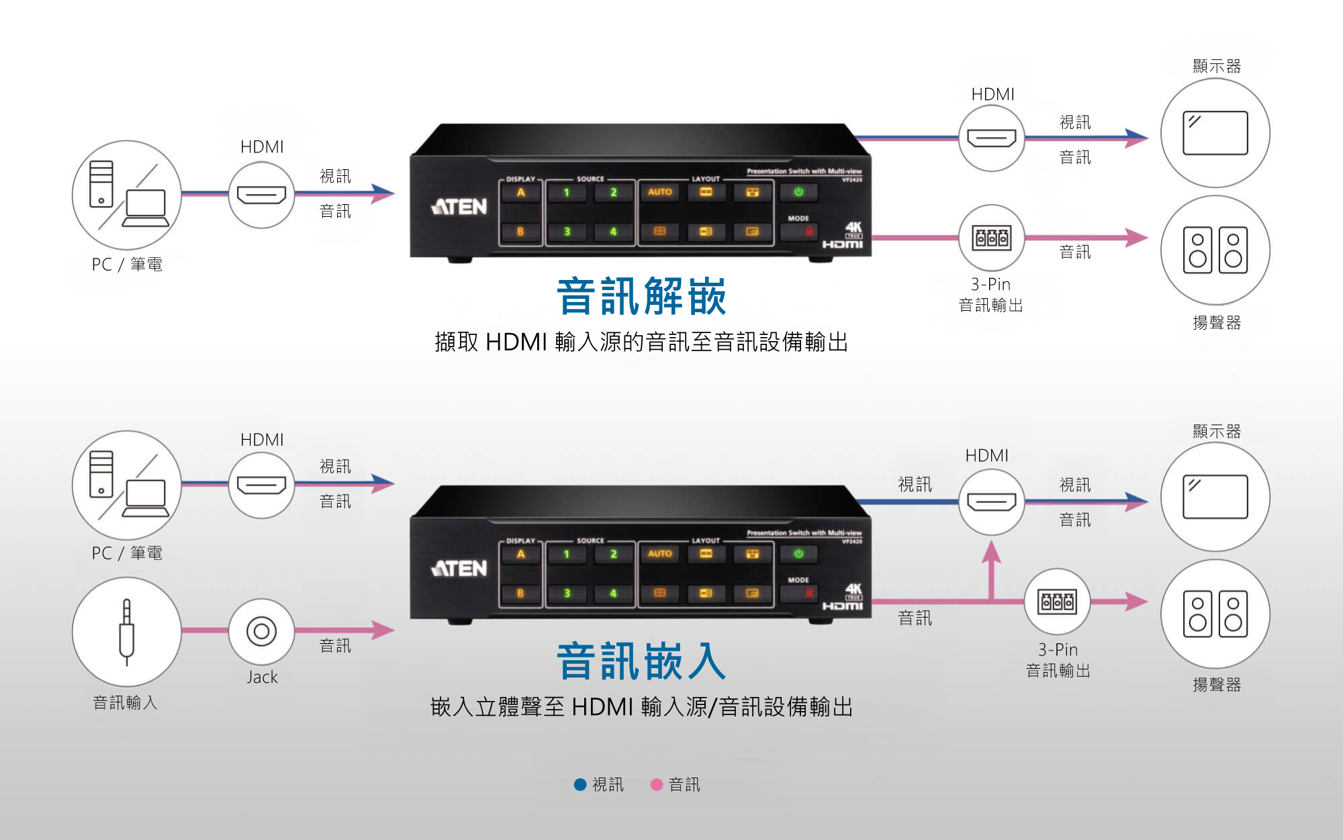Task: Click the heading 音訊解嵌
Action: (x=641, y=296)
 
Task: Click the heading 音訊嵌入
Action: (x=641, y=661)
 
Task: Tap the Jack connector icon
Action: (x=261, y=631)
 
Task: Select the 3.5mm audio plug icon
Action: (x=126, y=631)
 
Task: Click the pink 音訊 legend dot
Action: (x=657, y=784)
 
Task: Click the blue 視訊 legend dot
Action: (x=580, y=784)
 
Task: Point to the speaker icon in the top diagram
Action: (x=1215, y=250)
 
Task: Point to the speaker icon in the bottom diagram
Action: (x=1215, y=614)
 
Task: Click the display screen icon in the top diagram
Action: (x=1215, y=133)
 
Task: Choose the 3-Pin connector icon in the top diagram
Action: (x=992, y=238)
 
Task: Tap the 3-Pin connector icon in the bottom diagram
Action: (x=1057, y=602)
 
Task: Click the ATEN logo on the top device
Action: (x=459, y=206)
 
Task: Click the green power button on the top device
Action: (x=798, y=192)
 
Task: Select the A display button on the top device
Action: (x=520, y=193)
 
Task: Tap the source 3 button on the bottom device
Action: (x=567, y=594)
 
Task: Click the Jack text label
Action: (x=262, y=677)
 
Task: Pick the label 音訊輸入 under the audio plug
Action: (x=125, y=702)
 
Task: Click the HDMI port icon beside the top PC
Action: (x=261, y=195)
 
